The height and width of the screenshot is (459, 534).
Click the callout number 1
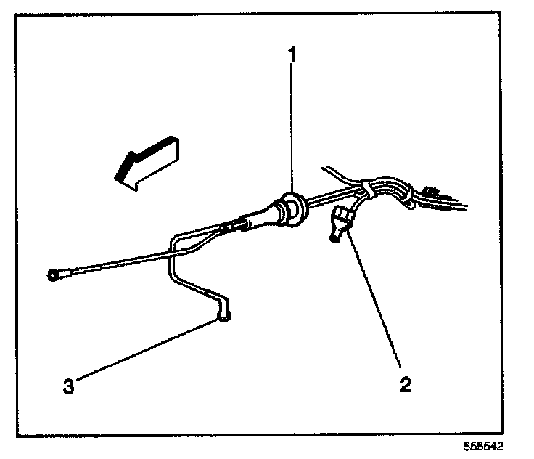click(292, 54)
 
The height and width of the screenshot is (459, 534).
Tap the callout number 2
click(406, 384)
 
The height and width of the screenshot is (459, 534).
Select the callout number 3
click(67, 386)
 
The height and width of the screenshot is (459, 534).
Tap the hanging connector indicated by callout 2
click(340, 224)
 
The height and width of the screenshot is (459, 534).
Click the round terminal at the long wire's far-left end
click(52, 275)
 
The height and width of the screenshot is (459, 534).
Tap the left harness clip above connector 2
click(369, 190)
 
